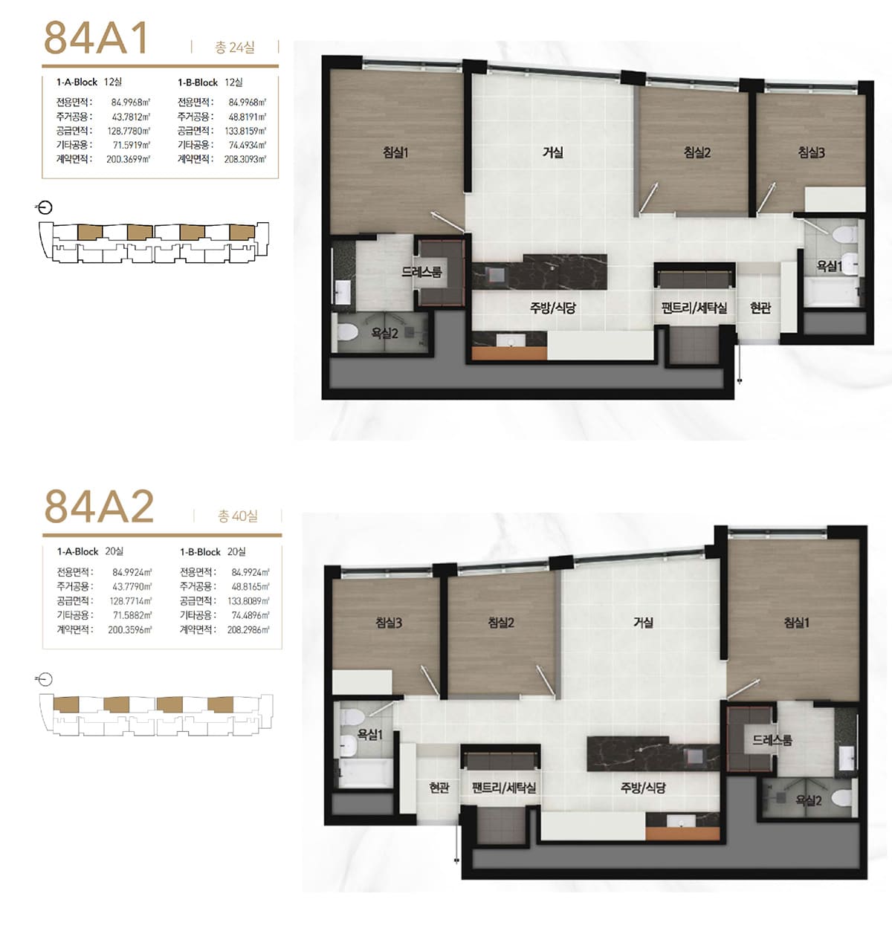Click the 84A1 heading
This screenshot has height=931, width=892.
[x=96, y=37]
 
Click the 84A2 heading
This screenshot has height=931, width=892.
[x=99, y=506]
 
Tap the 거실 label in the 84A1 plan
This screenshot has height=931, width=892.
[x=553, y=152]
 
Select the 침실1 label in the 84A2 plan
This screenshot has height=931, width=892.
[x=796, y=622]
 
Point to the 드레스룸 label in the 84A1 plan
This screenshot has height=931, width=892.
[x=421, y=272]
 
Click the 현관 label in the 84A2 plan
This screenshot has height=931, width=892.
[x=439, y=787]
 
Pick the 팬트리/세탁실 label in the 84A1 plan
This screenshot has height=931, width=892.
[x=694, y=308]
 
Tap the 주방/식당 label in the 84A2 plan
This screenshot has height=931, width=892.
[x=643, y=788]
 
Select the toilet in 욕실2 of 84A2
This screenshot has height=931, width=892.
[x=841, y=797]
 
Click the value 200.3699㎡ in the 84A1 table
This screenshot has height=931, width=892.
[x=129, y=159]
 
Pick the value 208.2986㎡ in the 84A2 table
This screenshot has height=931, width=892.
[x=248, y=629]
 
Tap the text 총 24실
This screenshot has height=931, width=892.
[x=234, y=48]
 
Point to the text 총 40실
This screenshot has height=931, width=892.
[x=238, y=516]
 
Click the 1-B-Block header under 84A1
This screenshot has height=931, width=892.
[x=198, y=82]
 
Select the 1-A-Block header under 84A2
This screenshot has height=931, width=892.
[x=77, y=551]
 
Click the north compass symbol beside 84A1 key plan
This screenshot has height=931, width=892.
[x=45, y=208]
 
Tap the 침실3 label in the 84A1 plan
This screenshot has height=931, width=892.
[x=811, y=152]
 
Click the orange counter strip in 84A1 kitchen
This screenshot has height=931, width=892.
[x=509, y=353]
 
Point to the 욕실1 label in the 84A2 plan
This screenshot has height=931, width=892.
[x=370, y=734]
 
